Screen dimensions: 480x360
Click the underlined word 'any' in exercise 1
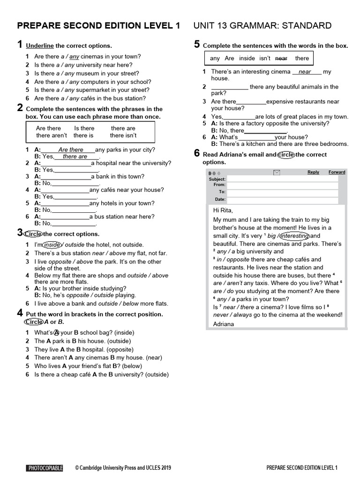click(x=74, y=57)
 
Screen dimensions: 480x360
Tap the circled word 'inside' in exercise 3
click(x=52, y=245)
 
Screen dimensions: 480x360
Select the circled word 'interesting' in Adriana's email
click(x=295, y=236)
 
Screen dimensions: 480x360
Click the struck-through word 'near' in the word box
click(x=281, y=58)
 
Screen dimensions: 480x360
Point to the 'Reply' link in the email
click(x=313, y=172)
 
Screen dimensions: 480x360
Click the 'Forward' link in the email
click(x=337, y=172)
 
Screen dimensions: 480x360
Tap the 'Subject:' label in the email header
click(x=217, y=179)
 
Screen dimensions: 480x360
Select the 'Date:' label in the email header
click(x=220, y=199)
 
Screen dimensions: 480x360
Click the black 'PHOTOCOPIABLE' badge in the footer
click(x=45, y=468)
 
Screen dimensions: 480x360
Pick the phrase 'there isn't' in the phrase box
click(x=123, y=135)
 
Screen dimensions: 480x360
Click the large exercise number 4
click(x=20, y=313)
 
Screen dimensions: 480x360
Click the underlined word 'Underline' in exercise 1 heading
click(x=40, y=46)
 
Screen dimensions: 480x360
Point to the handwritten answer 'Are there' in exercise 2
click(x=70, y=150)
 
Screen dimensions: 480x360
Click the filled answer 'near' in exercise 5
click(x=305, y=72)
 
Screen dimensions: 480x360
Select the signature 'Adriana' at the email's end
click(x=223, y=324)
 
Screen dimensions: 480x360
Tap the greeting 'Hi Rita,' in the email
click(x=223, y=210)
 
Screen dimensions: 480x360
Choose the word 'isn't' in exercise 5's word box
click(x=265, y=58)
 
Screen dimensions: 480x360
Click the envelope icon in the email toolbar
click(x=277, y=172)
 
